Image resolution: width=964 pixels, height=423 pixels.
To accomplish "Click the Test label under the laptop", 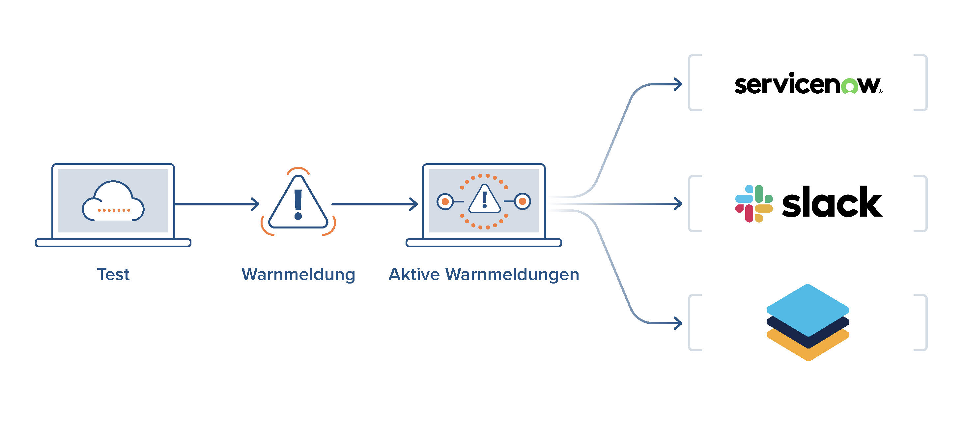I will coord(113,274).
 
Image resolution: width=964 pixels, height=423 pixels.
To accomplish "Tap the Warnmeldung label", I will coord(298,274).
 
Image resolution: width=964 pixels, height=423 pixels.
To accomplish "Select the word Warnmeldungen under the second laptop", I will coord(512,274).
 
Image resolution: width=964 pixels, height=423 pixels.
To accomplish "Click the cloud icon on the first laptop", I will coord(113,202).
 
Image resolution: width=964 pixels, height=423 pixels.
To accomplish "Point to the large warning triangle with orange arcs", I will coord(298,204).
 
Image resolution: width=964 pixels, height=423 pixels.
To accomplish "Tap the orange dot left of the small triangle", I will coord(445,202).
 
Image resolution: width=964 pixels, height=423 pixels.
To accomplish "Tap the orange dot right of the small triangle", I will coord(523,202).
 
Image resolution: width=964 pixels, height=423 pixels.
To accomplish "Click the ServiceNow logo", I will coord(808,84).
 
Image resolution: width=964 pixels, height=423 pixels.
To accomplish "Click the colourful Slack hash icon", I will coord(754,204).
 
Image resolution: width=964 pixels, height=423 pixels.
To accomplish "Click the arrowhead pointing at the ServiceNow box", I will coord(678,84).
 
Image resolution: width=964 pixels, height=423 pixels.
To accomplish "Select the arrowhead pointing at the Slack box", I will coord(678,204).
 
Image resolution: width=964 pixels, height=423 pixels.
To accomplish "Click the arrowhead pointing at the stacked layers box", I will coord(678,323).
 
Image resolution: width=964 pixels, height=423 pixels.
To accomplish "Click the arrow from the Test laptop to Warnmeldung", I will coord(217,204).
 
